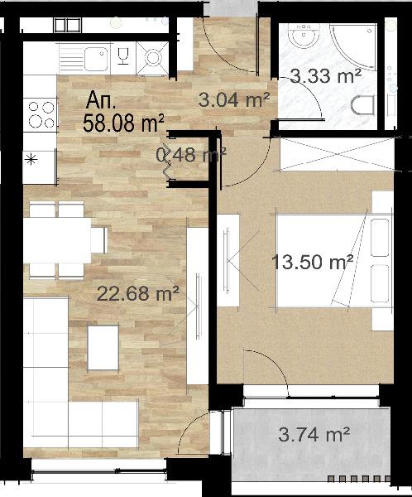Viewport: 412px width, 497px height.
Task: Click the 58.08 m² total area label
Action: [x=123, y=123]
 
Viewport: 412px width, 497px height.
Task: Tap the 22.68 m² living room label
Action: [x=138, y=293]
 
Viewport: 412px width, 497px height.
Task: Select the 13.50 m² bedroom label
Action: [x=312, y=262]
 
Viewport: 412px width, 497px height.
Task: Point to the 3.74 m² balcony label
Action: [x=314, y=434]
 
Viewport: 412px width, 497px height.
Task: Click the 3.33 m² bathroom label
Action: [x=325, y=76]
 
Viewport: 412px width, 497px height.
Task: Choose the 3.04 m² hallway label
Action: [x=234, y=100]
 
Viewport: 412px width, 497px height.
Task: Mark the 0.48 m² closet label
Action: [x=191, y=155]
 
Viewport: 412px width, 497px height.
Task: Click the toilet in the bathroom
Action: [x=364, y=105]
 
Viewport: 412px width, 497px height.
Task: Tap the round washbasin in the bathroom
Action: [x=304, y=35]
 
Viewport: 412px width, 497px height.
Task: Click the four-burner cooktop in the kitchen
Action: [x=41, y=115]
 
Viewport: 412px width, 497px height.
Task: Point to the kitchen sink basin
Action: [x=96, y=59]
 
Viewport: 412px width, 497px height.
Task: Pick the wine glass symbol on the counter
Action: [x=122, y=56]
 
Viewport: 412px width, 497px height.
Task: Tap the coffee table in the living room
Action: [x=103, y=348]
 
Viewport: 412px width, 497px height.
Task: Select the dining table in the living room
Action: [x=58, y=240]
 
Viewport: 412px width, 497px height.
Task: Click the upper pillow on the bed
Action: [x=380, y=238]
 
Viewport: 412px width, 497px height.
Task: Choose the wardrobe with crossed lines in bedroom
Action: [x=338, y=154]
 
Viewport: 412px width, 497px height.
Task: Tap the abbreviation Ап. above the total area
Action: [x=101, y=100]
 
